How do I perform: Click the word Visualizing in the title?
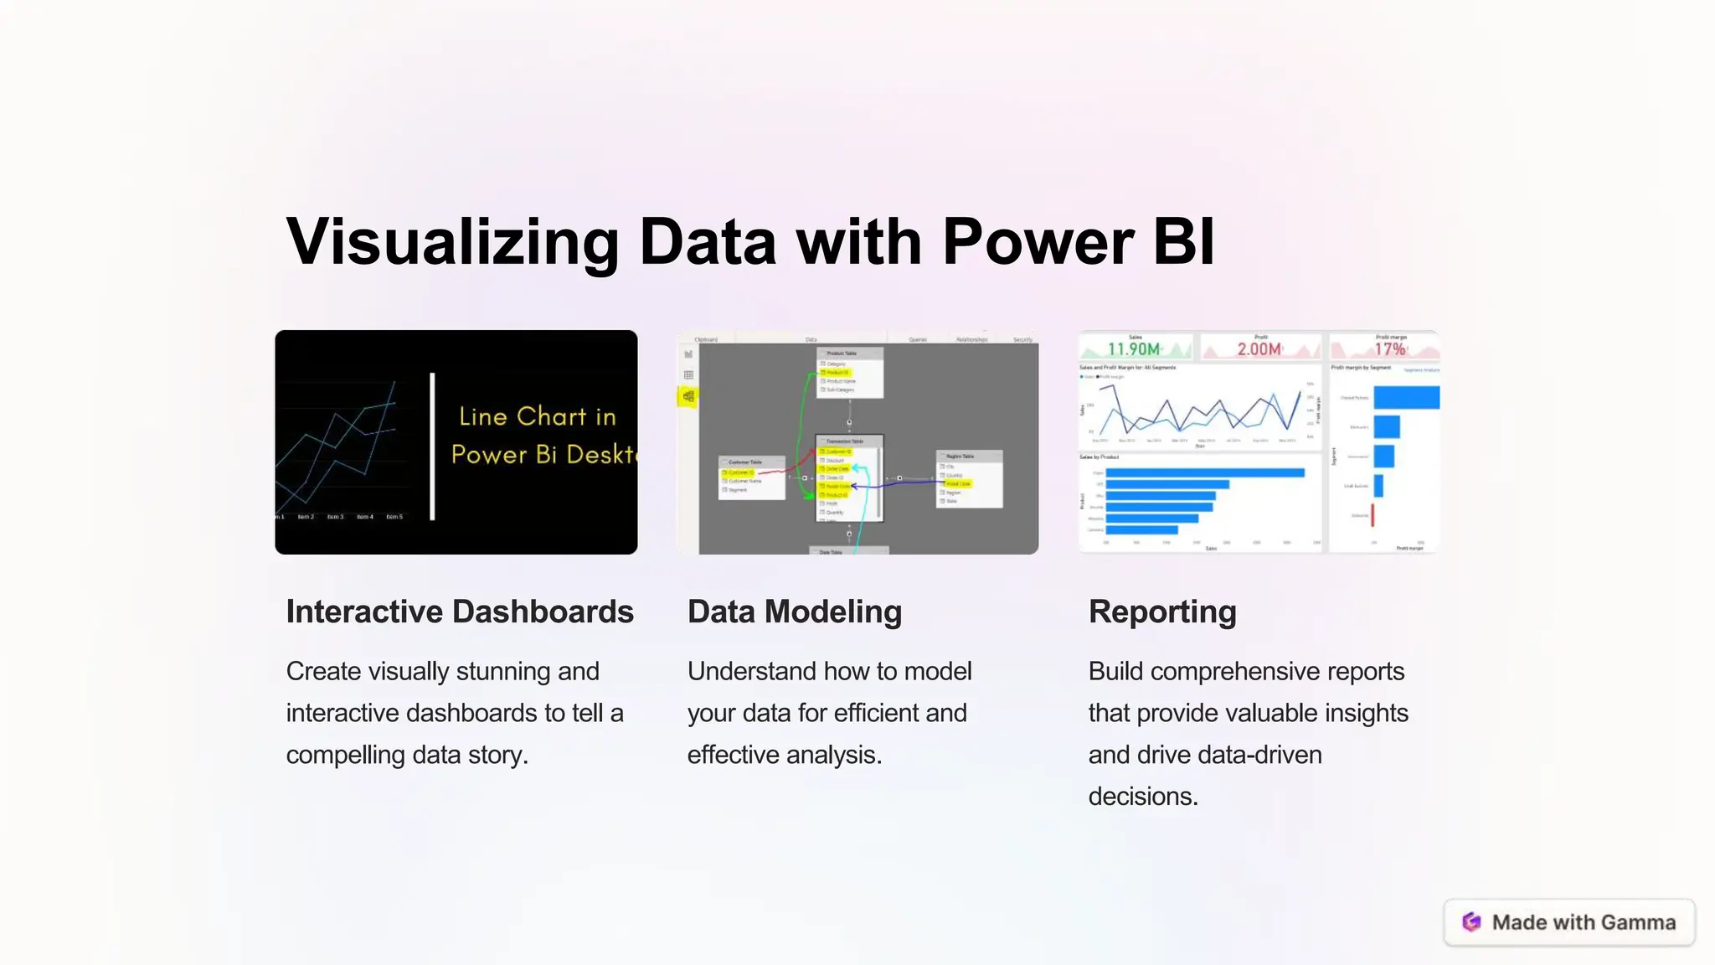[x=452, y=242]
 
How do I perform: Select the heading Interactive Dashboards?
[x=460, y=612]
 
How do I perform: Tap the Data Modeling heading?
[x=795, y=612]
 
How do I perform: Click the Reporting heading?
[x=1162, y=612]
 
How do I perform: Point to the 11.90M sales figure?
[x=1134, y=348]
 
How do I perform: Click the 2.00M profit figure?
[x=1259, y=348]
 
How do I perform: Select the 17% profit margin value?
[x=1389, y=348]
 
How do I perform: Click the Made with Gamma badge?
[x=1569, y=922]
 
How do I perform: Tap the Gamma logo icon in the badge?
[x=1471, y=922]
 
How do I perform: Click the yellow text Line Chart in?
[x=537, y=416]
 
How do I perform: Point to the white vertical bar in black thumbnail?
[x=432, y=446]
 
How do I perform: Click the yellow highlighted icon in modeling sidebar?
[x=688, y=396]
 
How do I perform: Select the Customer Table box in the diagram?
[x=751, y=477]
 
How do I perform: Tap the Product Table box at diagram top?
[x=849, y=373]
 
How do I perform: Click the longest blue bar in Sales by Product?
[x=1204, y=473]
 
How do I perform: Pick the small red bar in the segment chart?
[x=1373, y=515]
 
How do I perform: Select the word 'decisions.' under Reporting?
[x=1143, y=796]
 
